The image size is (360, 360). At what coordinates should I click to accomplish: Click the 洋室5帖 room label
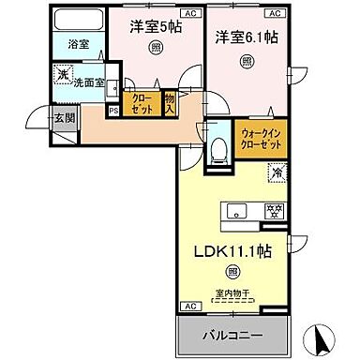point(155,27)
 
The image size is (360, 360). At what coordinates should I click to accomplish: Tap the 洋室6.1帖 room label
point(247,37)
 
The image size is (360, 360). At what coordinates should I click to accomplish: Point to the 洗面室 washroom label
point(87,80)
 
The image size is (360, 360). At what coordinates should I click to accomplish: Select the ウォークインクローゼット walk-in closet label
point(258,140)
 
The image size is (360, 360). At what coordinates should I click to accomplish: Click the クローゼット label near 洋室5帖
point(140,102)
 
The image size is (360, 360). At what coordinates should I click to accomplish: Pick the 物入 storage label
point(170,102)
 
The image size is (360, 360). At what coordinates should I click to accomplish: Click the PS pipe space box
point(113,110)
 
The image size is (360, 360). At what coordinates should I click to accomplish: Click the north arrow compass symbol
point(322,336)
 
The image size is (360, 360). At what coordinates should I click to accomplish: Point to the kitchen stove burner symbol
point(275,210)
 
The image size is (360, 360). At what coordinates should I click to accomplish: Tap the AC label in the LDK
point(187,307)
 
